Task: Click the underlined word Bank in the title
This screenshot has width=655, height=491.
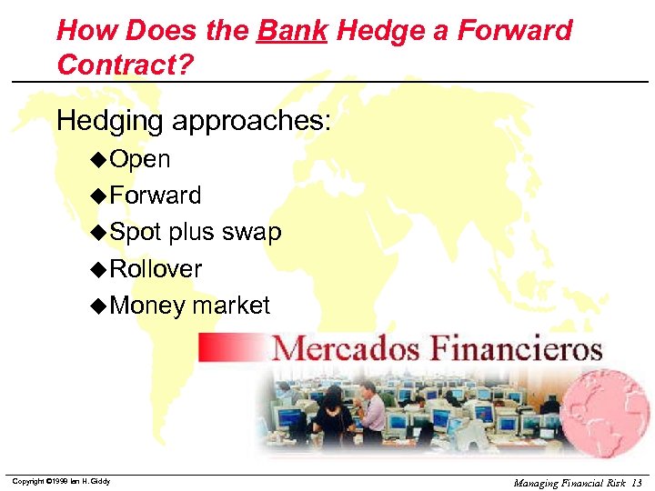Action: [x=293, y=30]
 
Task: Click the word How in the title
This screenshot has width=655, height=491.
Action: [x=87, y=30]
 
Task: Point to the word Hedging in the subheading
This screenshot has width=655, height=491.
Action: [x=108, y=120]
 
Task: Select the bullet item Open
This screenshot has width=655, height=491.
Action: [x=139, y=159]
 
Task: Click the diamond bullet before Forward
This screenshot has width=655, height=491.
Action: [x=99, y=195]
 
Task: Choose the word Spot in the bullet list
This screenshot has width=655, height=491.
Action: [x=135, y=233]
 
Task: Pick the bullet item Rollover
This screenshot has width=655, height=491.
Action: [x=155, y=269]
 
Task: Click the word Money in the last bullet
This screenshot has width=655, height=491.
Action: [x=146, y=306]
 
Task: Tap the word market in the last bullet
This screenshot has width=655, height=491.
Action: [x=231, y=306]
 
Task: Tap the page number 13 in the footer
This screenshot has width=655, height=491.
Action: [x=635, y=482]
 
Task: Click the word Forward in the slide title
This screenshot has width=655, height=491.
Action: [x=514, y=30]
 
